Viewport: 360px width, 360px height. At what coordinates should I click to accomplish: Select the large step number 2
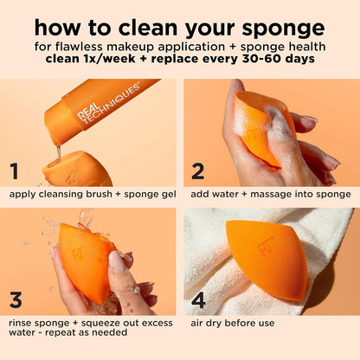[x=197, y=170]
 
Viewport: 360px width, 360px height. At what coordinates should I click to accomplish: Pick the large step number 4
[x=199, y=300]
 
